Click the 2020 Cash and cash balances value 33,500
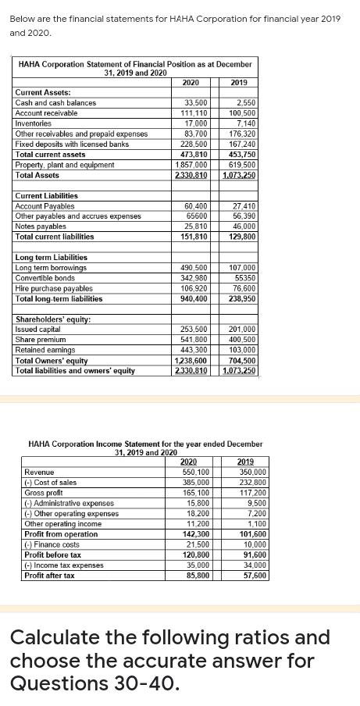pos(195,102)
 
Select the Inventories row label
pos(34,123)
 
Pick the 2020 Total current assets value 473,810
pos(194,155)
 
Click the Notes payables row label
pos(40,226)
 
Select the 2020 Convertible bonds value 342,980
pos(194,278)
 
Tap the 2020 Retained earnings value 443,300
pos(194,350)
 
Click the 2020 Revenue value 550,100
pos(195,472)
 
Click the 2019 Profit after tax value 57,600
pos(252,575)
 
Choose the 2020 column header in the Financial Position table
pos(190,81)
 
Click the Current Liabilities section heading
pos(46,195)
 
